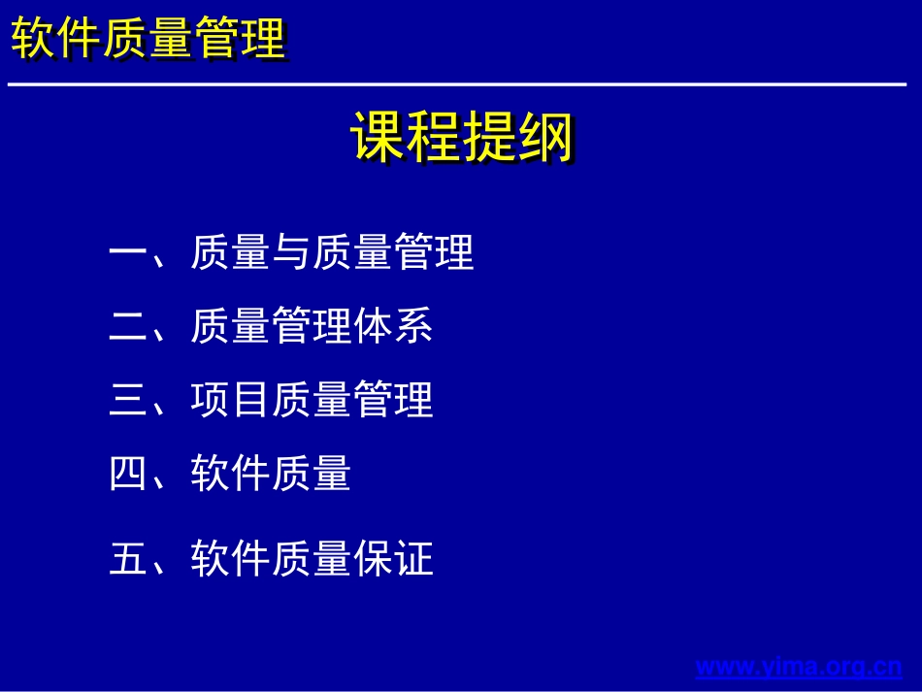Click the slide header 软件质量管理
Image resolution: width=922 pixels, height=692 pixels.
pos(148,40)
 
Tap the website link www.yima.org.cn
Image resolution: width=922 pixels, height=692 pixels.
pos(799,667)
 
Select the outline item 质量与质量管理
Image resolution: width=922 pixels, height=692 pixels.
pos(332,253)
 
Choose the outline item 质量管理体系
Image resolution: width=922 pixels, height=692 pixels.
pos(312,326)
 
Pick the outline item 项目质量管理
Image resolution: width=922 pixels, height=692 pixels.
pos(312,400)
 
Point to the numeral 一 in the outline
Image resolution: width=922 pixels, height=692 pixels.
pos(127,254)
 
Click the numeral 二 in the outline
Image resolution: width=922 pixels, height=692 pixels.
pos(127,327)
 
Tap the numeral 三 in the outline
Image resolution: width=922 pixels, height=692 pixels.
pos(127,400)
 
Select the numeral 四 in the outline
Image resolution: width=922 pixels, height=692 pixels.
pos(127,474)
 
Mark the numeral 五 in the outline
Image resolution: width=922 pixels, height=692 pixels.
pos(127,559)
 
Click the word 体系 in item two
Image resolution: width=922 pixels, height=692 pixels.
pos(393,326)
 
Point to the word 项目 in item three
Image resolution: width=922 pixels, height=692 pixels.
pos(230,400)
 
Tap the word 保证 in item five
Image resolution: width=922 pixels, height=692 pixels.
pos(393,559)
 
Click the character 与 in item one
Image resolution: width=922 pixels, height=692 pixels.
pos(291,253)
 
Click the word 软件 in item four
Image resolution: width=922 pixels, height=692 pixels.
pos(230,474)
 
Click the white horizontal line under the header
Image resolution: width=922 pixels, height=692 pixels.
pos(456,85)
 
